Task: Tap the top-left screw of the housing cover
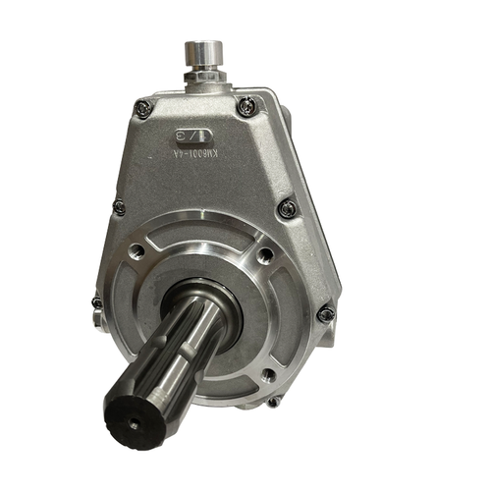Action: (143, 109)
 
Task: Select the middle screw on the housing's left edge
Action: (119, 207)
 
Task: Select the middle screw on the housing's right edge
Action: (287, 208)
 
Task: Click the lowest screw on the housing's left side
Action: (97, 303)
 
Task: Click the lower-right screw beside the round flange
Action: (325, 314)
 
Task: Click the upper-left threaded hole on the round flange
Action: (139, 252)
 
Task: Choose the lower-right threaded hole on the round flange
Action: (267, 374)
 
